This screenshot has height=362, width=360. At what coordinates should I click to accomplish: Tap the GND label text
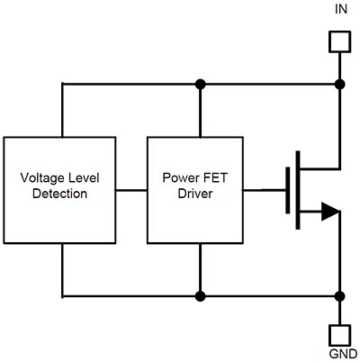click(340, 354)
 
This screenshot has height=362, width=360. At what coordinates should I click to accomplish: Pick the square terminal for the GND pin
click(339, 331)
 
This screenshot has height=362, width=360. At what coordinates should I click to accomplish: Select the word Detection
click(59, 193)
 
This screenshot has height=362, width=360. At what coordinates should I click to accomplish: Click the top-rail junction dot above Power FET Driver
click(200, 84)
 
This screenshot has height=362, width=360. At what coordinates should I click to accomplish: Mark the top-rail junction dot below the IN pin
click(339, 84)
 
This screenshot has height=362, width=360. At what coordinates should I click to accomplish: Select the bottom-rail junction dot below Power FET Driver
click(200, 294)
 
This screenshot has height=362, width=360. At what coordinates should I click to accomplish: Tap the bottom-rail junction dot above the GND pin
click(339, 294)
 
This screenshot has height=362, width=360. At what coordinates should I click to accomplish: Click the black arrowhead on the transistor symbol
click(329, 213)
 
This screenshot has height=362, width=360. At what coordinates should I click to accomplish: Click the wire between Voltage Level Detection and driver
click(131, 190)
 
